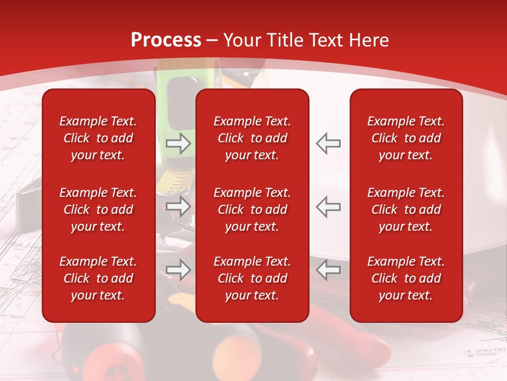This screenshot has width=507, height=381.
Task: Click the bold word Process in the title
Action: (x=166, y=40)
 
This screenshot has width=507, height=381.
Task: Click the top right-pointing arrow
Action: (x=179, y=143)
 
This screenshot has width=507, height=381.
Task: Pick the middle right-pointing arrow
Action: (x=179, y=206)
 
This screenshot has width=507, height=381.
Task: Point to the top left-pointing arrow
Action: (x=328, y=143)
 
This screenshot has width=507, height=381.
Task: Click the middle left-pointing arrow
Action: (x=328, y=206)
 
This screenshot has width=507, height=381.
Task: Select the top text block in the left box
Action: (x=98, y=138)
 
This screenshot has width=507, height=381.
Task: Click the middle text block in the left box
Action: (x=98, y=210)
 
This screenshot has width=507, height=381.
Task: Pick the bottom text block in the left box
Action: (x=98, y=278)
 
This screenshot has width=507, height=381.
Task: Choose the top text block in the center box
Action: (x=252, y=138)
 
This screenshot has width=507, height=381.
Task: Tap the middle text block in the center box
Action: (x=252, y=210)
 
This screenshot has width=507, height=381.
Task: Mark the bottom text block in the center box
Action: (x=252, y=278)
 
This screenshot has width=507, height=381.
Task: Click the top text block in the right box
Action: (x=406, y=138)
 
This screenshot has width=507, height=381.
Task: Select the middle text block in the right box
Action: (x=406, y=210)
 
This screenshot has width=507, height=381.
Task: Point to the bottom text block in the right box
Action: (x=406, y=278)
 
